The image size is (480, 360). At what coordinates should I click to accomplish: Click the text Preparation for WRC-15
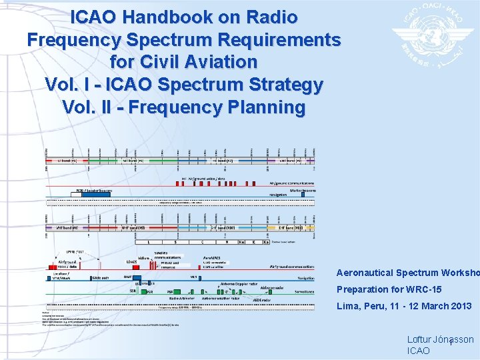[x=389, y=289]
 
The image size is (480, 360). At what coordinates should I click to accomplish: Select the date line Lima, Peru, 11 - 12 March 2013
[x=404, y=306]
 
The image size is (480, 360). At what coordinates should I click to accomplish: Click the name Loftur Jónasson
[x=440, y=339]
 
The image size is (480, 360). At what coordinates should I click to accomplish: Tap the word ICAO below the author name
[x=419, y=351]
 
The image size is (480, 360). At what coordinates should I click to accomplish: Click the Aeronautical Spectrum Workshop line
[x=407, y=273]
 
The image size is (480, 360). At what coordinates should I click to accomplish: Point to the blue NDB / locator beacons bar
[x=93, y=191]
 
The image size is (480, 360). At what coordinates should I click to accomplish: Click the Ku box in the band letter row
[x=241, y=241]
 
